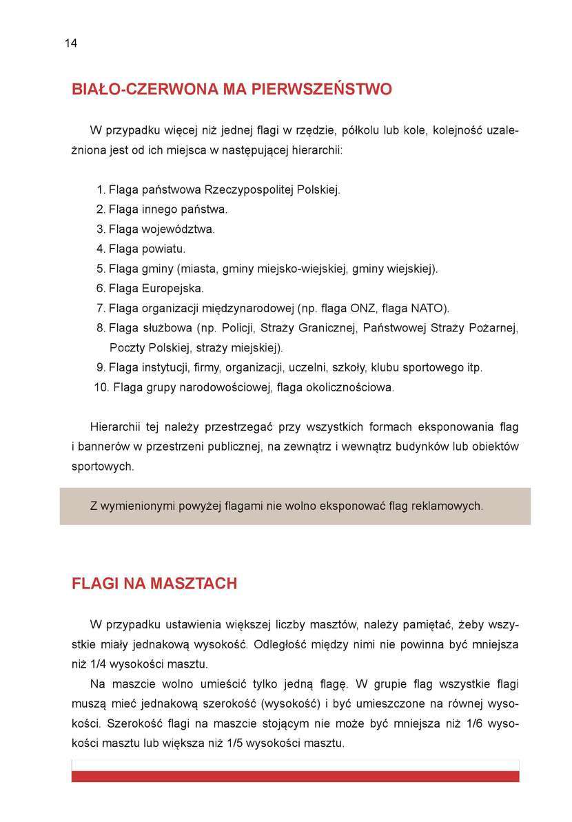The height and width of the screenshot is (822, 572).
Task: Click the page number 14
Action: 71,43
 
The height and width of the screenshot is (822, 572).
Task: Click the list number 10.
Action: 101,387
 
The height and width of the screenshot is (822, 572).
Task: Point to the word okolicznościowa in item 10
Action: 351,387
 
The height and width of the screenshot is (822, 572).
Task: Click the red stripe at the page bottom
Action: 295,777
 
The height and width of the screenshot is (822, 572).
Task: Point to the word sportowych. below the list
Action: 103,466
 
